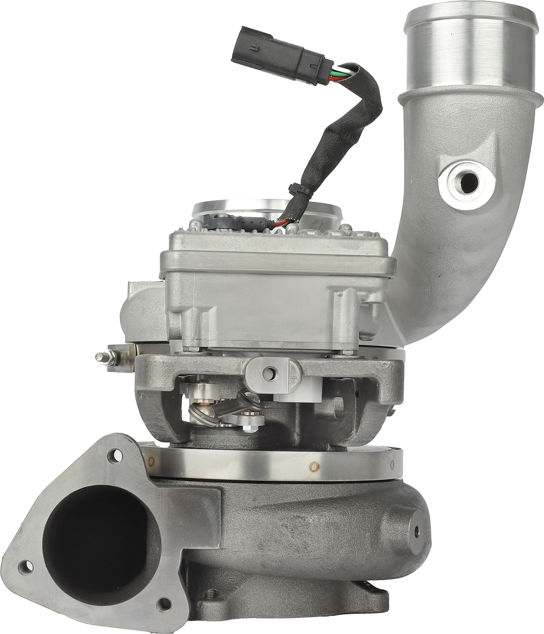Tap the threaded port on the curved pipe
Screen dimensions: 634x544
(x=468, y=182)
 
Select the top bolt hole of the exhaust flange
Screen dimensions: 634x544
(x=115, y=456)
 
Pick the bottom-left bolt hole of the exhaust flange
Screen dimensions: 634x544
(x=25, y=567)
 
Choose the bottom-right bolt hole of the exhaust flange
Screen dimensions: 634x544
(x=164, y=602)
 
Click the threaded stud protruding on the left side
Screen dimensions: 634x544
(x=106, y=357)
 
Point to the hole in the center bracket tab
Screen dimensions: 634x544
(x=269, y=373)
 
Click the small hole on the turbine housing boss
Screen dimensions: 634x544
(x=415, y=530)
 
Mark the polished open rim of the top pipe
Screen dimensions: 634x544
(x=470, y=12)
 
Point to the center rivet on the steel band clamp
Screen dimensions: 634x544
(x=314, y=466)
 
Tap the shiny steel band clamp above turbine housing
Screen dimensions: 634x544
(x=260, y=464)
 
